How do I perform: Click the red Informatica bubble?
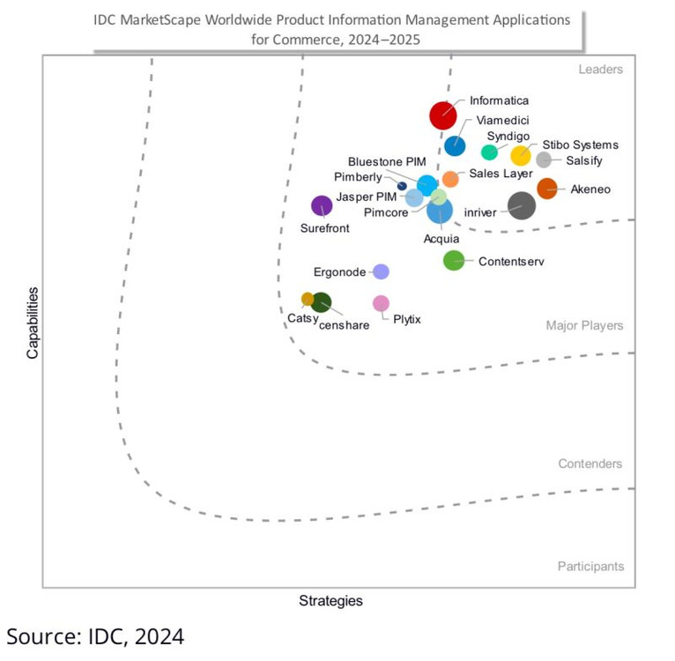point(442,115)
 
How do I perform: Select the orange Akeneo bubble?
point(547,188)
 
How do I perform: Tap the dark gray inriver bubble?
point(522,205)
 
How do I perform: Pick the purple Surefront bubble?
point(322,206)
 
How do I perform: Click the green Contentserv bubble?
point(453,260)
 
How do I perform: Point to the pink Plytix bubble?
point(381,303)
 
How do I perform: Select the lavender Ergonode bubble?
point(381,271)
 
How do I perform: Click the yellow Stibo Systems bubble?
point(521,156)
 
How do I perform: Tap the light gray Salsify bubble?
point(544,160)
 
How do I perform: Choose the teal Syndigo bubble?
point(489,152)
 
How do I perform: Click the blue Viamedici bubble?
point(455,146)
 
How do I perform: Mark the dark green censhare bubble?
point(322,302)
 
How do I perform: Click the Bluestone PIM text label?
point(386,161)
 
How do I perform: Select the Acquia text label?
point(441,238)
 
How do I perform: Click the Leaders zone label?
point(600,70)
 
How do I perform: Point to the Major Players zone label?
point(584,326)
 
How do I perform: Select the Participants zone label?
point(590,567)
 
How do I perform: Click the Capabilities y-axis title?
point(33,322)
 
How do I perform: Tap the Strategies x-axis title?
point(330,601)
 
